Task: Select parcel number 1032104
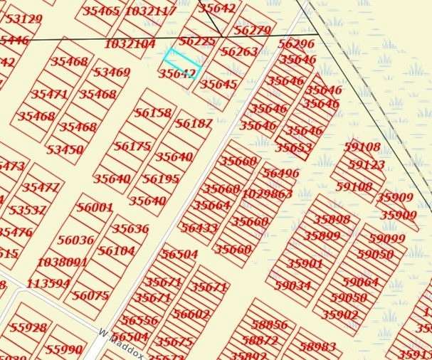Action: click(x=130, y=43)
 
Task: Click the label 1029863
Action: click(x=267, y=194)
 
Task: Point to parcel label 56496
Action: click(x=281, y=173)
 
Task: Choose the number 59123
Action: click(x=367, y=164)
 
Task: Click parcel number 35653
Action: click(x=294, y=147)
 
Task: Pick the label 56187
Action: click(x=194, y=123)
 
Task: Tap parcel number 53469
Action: click(x=112, y=72)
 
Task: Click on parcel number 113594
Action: click(x=48, y=283)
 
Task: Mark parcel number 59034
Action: click(x=293, y=285)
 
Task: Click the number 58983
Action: click(x=317, y=346)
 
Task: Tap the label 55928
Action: click(x=28, y=328)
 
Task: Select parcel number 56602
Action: click(x=191, y=314)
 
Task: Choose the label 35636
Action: click(x=130, y=228)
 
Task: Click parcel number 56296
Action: click(x=296, y=43)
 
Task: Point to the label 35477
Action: click(x=41, y=187)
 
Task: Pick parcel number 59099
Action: click(x=387, y=238)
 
